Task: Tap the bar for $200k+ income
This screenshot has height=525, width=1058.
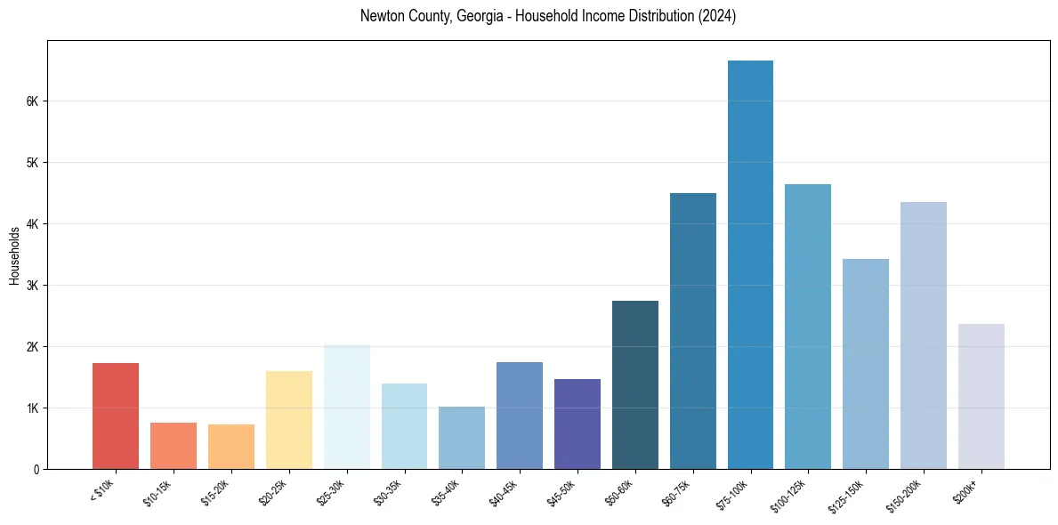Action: (x=981, y=396)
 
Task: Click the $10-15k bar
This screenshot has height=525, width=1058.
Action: (x=174, y=446)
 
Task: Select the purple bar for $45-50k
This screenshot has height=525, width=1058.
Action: (x=577, y=424)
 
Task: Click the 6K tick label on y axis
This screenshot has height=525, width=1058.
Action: (x=33, y=101)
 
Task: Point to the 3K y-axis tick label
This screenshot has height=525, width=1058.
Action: (x=33, y=286)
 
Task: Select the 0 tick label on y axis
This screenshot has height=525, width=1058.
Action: (x=36, y=469)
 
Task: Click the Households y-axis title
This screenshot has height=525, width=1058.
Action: (x=14, y=255)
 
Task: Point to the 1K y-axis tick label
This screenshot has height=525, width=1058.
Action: (x=33, y=408)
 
